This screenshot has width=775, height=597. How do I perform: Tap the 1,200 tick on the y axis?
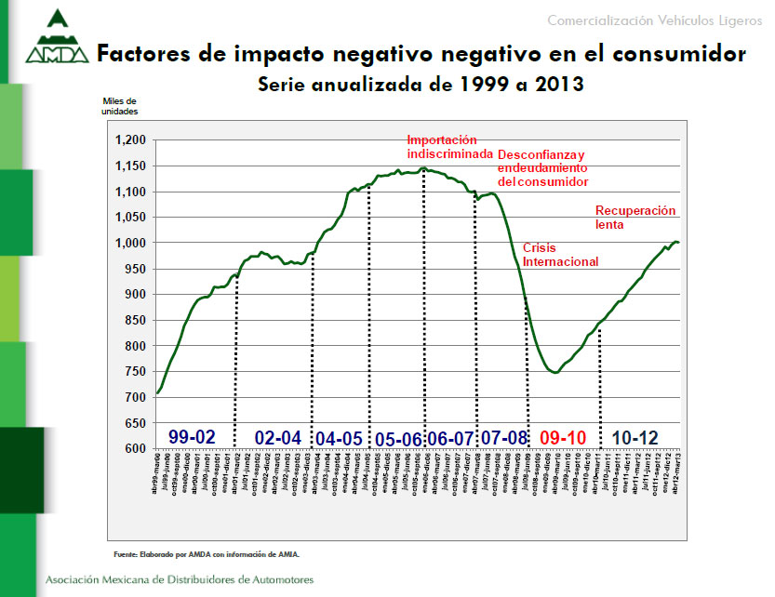[130, 140]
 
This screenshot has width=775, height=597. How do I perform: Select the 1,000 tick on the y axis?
[130, 244]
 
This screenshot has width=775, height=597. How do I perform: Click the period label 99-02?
[193, 436]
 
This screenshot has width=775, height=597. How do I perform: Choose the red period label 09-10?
[562, 437]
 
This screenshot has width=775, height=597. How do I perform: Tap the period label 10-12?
[636, 437]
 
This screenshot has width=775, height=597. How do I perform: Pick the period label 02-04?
[277, 438]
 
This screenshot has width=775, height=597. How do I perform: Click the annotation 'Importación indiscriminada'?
[448, 146]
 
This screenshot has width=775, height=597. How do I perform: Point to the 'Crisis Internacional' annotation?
[560, 255]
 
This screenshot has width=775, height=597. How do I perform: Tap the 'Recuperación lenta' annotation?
[635, 217]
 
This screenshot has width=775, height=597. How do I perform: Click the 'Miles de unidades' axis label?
[119, 106]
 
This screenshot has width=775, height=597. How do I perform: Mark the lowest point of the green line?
[555, 373]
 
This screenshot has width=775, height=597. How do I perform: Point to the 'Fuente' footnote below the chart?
[207, 553]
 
